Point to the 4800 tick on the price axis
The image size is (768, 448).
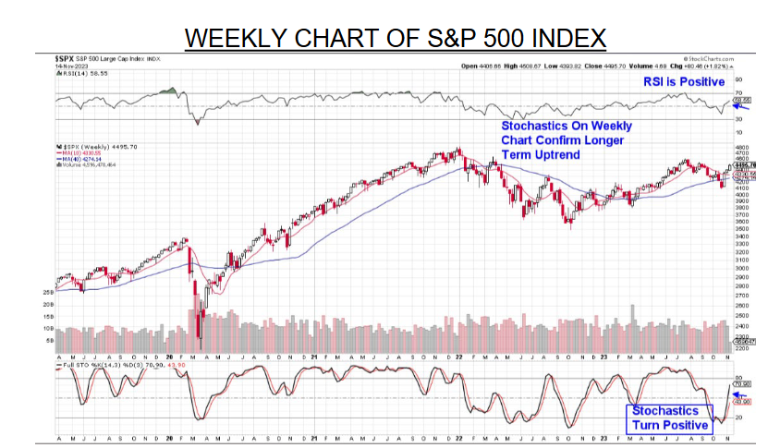click(x=739, y=147)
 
